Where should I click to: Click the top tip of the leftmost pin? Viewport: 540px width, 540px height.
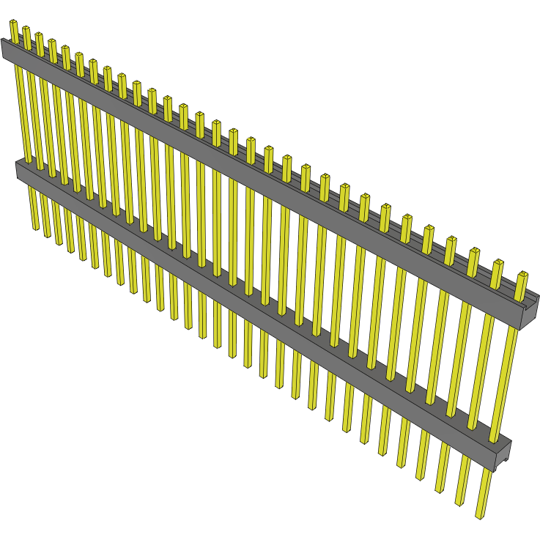click(x=13, y=22)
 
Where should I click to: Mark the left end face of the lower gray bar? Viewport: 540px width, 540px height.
click(x=18, y=171)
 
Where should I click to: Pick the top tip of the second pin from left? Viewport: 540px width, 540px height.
click(x=26, y=29)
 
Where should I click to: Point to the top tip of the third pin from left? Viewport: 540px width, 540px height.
click(x=39, y=34)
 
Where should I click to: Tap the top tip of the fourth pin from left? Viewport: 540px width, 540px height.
click(x=52, y=41)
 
